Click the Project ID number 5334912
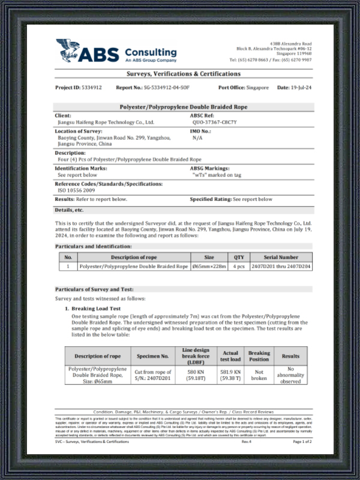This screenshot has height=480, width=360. click(x=92, y=88)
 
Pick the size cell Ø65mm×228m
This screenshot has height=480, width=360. click(x=209, y=266)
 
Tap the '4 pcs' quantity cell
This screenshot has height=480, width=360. click(x=239, y=266)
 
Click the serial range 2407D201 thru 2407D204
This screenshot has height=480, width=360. click(x=280, y=266)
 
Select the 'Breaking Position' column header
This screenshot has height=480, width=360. click(x=259, y=356)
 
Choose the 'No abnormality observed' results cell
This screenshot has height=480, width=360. click(x=290, y=375)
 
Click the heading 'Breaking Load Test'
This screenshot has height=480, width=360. click(x=98, y=308)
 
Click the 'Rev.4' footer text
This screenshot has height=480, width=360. click(x=246, y=442)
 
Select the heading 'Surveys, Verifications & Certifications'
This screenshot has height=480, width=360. click(x=184, y=74)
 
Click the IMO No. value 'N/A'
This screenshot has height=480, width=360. click(x=197, y=137)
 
